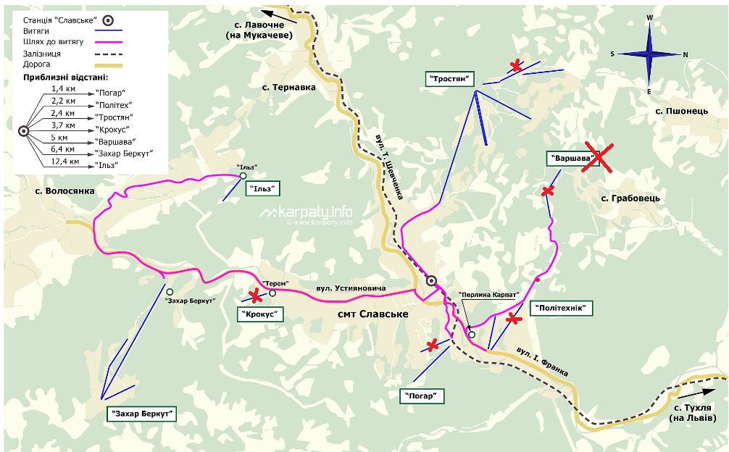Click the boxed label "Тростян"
pyautogui.click(x=449, y=78)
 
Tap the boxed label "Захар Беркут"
pyautogui.click(x=142, y=413)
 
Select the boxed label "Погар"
pyautogui.click(x=422, y=395)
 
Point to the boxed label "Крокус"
pyautogui.click(x=260, y=314)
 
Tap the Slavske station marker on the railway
pyautogui.click(x=432, y=280)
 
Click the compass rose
pyautogui.click(x=649, y=54)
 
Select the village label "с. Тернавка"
pyautogui.click(x=289, y=87)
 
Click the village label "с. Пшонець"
pyautogui.click(x=681, y=111)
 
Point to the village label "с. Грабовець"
pyautogui.click(x=630, y=198)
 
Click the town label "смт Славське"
pyautogui.click(x=373, y=314)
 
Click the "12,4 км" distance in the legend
pyautogui.click(x=64, y=161)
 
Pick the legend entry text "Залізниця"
pyautogui.click(x=41, y=54)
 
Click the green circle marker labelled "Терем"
pyautogui.click(x=272, y=293)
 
